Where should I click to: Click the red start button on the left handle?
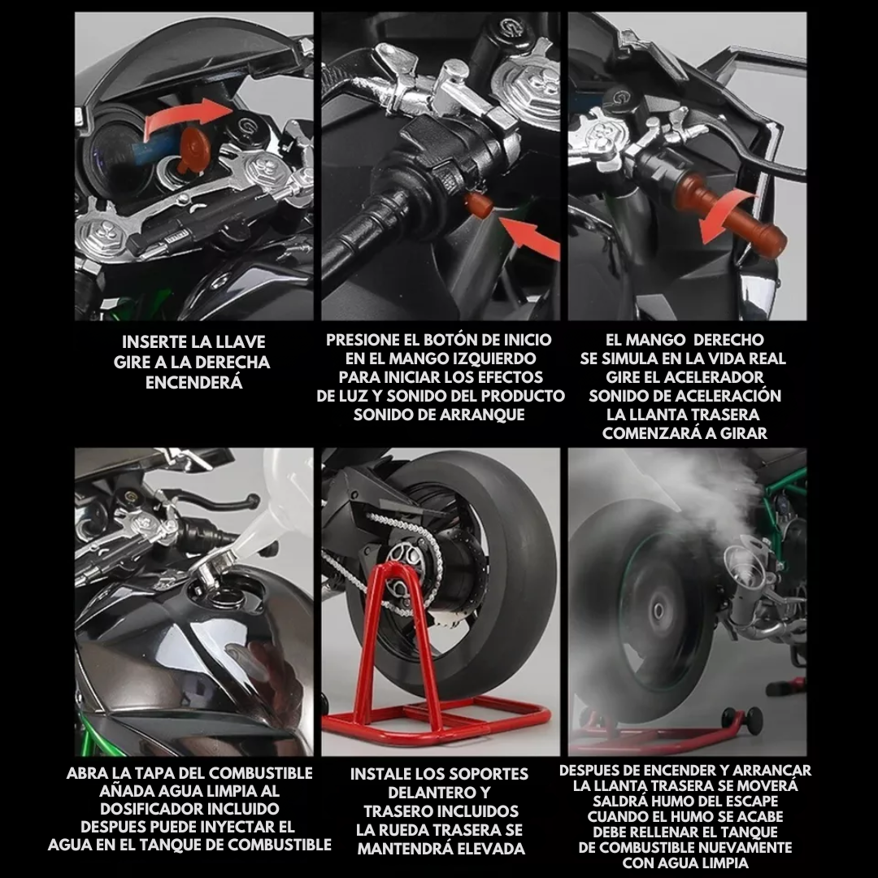pyautogui.click(x=480, y=204)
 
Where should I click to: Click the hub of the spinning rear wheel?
pyautogui.click(x=658, y=611)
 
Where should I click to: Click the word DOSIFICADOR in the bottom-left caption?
pyautogui.click(x=189, y=809)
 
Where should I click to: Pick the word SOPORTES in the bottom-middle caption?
pyautogui.click(x=487, y=775)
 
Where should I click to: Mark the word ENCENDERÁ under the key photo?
pyautogui.click(x=193, y=383)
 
